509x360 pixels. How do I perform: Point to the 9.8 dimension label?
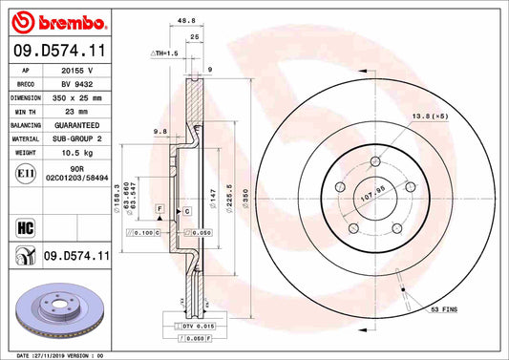click(x=160, y=132)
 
